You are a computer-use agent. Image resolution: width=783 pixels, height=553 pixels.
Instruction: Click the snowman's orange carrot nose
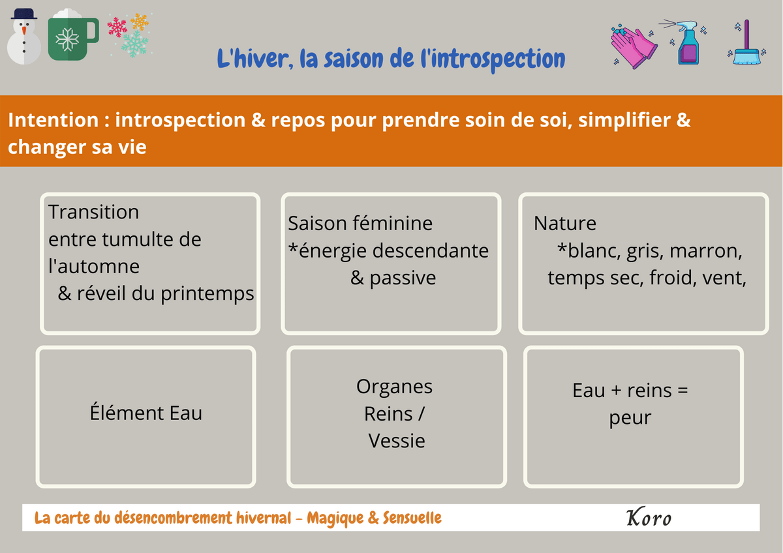[x=24, y=31]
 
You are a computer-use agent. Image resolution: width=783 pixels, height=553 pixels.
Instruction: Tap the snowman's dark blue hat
[x=23, y=14]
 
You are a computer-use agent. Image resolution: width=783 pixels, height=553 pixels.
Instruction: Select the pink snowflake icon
[x=117, y=27]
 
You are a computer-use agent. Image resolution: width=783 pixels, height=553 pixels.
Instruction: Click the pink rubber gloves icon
[x=634, y=46]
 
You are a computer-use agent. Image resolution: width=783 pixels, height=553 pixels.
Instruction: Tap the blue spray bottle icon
[x=686, y=42]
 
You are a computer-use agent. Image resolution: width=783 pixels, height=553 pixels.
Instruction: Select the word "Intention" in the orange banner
[x=54, y=120]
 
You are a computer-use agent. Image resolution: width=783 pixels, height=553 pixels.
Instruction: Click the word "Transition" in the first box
[x=94, y=212]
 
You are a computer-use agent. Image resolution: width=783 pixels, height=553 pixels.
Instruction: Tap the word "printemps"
[x=207, y=294]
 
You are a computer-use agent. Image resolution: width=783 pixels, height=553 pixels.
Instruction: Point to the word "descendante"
[x=429, y=250]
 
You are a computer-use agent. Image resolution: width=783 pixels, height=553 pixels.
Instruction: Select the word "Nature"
[x=565, y=223]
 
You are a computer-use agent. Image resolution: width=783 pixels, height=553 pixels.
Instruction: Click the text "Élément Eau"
[x=146, y=413]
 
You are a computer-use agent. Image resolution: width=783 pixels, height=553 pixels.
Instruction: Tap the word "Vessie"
[x=397, y=441]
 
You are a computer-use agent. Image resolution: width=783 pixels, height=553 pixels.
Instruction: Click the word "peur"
[x=630, y=418]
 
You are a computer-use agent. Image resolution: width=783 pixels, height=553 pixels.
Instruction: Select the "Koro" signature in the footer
[x=649, y=517]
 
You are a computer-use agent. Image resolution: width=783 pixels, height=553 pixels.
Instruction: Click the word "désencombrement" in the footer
[x=173, y=518]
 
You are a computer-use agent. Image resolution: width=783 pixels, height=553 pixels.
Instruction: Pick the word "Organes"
[x=394, y=387]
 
